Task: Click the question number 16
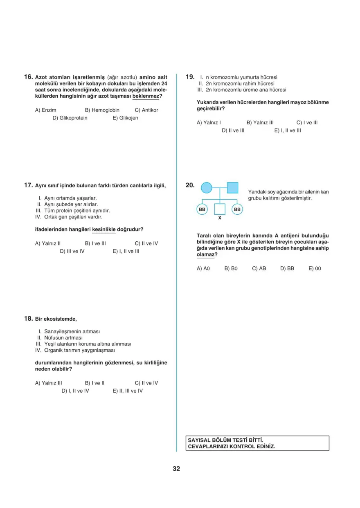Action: pyautogui.click(x=28, y=76)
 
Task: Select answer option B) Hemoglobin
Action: pyautogui.click(x=102, y=110)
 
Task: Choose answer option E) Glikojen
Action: pyautogui.click(x=125, y=118)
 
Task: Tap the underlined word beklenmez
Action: pyautogui.click(x=146, y=96)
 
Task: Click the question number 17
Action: pyautogui.click(x=28, y=185)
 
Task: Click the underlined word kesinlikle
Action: pyautogui.click(x=104, y=229)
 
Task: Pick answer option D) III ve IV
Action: pyautogui.click(x=72, y=251)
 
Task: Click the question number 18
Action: pyautogui.click(x=28, y=319)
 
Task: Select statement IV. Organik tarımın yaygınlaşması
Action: pyautogui.click(x=75, y=351)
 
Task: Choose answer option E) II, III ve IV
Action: pyautogui.click(x=128, y=391)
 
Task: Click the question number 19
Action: pyautogui.click(x=189, y=76)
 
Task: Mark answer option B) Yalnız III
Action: pyautogui.click(x=260, y=122)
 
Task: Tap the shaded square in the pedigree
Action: pyautogui.click(x=232, y=188)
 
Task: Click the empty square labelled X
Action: pyautogui.click(x=220, y=209)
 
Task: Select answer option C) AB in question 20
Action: pyautogui.click(x=259, y=269)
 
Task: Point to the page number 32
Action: pyautogui.click(x=176, y=469)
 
